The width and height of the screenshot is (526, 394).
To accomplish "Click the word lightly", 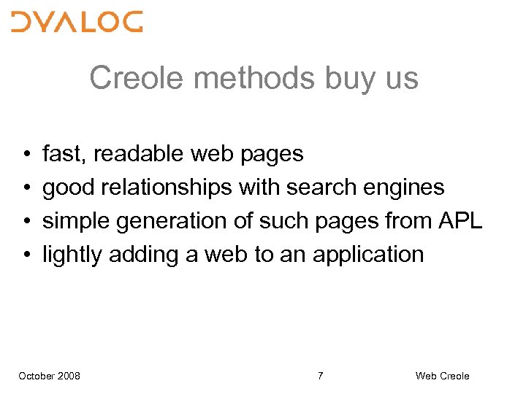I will click(72, 255).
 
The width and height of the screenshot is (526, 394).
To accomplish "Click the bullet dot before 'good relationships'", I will click(26, 188).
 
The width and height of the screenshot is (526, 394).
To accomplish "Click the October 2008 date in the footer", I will click(50, 376).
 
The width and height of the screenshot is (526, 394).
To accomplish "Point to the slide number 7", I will click(320, 376).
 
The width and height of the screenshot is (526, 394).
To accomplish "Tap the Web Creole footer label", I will click(442, 376).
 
